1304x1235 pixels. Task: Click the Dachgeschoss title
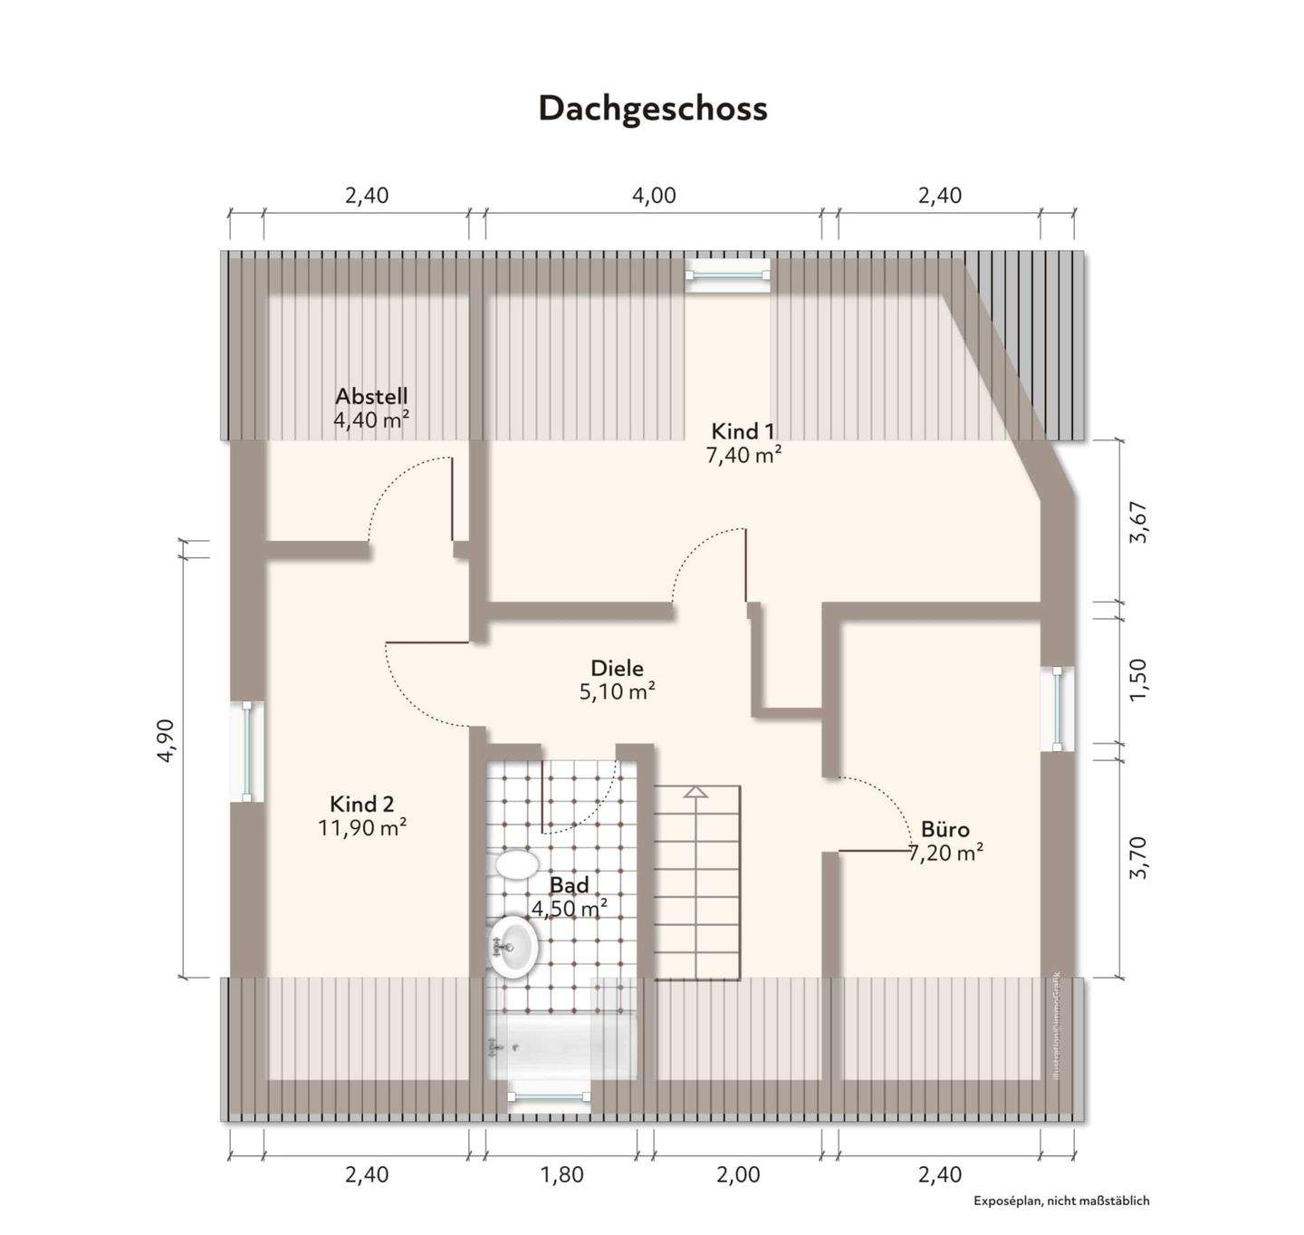[652, 108]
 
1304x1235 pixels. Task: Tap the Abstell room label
[371, 396]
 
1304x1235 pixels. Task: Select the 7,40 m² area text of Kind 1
[743, 455]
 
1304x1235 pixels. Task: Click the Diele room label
[617, 668]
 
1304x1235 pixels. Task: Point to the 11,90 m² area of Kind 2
[361, 827]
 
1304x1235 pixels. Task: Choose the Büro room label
[944, 829]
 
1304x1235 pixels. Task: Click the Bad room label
[569, 885]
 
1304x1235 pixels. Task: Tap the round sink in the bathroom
[513, 947]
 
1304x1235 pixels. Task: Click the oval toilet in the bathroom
[516, 863]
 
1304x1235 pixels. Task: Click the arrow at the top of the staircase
[695, 793]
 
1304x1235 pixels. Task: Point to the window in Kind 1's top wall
[727, 275]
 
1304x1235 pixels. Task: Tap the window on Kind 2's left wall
[246, 751]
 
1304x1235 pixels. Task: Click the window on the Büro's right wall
[1058, 709]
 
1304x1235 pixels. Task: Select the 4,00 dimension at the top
[654, 196]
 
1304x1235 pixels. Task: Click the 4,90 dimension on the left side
[166, 741]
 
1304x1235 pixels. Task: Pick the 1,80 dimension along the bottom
[561, 1175]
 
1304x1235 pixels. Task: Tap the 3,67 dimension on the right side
[1138, 522]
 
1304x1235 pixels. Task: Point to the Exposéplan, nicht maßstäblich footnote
[1061, 1201]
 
